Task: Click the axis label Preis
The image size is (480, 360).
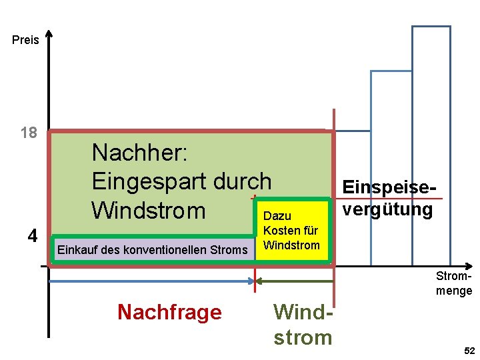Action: pyautogui.click(x=25, y=40)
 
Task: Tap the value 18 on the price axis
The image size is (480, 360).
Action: pyautogui.click(x=29, y=133)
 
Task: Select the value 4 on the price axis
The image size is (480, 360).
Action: pyautogui.click(x=31, y=235)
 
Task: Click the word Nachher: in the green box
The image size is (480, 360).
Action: pyautogui.click(x=141, y=153)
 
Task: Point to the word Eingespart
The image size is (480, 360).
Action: pyautogui.click(x=151, y=181)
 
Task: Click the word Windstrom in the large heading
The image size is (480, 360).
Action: pyautogui.click(x=149, y=210)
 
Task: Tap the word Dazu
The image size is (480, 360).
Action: pyautogui.click(x=277, y=216)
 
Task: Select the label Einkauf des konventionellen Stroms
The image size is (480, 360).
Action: pyautogui.click(x=153, y=250)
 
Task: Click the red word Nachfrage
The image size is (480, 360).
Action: pyautogui.click(x=169, y=311)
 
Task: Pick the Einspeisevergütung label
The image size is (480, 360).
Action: pyautogui.click(x=387, y=199)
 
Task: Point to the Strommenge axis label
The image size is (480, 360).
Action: pyautogui.click(x=454, y=283)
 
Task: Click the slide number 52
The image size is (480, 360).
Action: pyautogui.click(x=469, y=351)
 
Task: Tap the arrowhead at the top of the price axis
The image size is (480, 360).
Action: pyautogui.click(x=49, y=33)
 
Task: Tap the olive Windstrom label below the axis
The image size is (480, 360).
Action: pyautogui.click(x=303, y=324)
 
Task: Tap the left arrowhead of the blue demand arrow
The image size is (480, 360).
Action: pyautogui.click(x=53, y=281)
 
